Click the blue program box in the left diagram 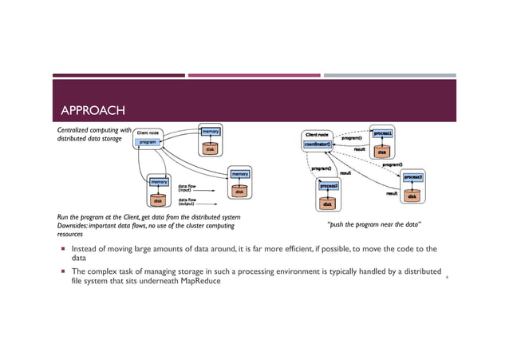point(148,142)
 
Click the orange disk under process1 point(382,151)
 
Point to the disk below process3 point(412,196)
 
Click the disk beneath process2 point(329,203)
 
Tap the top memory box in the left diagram point(210,130)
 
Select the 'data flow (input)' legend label point(187,188)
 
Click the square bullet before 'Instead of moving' point(61,249)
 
